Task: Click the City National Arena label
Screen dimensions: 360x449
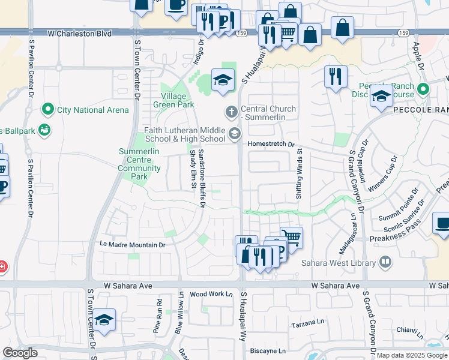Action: [92, 110]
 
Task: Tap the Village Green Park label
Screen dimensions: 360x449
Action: [178, 100]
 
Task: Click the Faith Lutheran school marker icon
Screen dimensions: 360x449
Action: [235, 133]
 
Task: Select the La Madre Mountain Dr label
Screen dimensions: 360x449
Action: [132, 245]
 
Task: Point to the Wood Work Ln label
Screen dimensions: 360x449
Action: [211, 295]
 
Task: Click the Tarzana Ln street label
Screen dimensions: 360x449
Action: [307, 324]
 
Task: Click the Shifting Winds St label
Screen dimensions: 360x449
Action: [298, 175]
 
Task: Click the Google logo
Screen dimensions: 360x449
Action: [20, 353]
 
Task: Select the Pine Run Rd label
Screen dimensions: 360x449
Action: [158, 316]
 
